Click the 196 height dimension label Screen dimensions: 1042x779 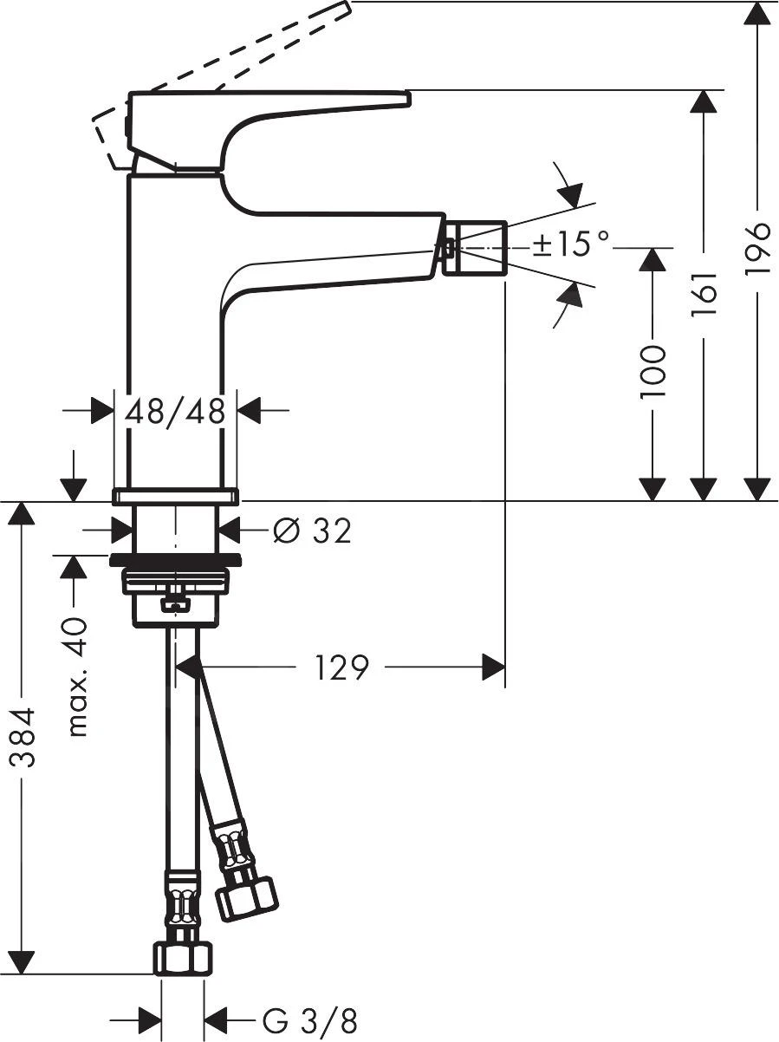pos(757,249)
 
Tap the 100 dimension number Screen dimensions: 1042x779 pos(652,371)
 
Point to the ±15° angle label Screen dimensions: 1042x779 pos(571,244)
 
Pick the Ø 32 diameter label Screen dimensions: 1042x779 pos(313,531)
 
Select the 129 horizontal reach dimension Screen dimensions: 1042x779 pos(341,668)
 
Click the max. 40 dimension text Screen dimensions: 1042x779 pos(78,677)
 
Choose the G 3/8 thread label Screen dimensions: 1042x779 pos(309,1021)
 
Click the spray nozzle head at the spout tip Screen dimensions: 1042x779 pos(474,248)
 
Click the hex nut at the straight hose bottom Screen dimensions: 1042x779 pos(183,959)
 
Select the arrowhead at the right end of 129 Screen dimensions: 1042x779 pos(493,668)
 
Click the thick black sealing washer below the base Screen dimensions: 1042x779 pos(175,559)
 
